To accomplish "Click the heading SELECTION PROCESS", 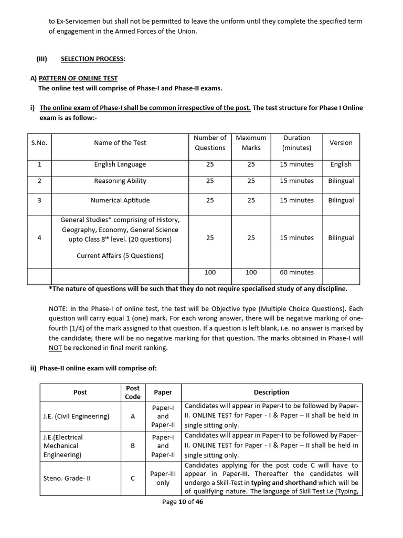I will point(93,59).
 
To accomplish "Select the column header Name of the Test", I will point(120,143).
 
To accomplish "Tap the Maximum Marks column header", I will point(251,143).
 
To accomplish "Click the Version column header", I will point(341,143).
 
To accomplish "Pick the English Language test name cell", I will point(120,164).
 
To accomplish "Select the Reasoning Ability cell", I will point(120,181).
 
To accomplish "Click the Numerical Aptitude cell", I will point(120,200).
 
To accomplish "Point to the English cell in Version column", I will point(341,164).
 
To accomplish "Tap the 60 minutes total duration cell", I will point(296,272).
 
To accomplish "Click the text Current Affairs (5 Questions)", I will point(120,256).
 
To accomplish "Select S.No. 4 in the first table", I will point(39,237).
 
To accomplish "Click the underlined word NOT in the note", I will point(56,348).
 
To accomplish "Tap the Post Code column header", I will point(133,392).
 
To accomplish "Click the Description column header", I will point(271,392).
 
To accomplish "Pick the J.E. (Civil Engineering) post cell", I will point(76,416).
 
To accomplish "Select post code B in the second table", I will point(133,446).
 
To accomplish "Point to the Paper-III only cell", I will point(163,478).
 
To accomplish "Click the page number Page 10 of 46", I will point(183,502).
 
